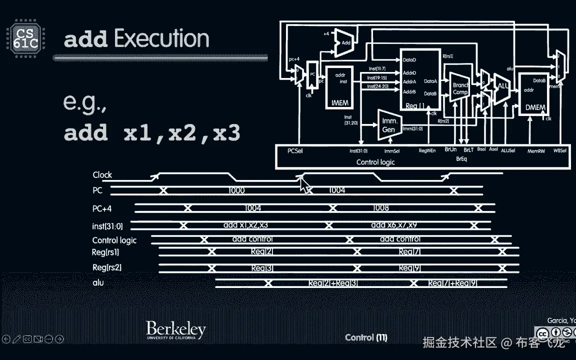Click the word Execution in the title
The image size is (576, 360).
point(161,39)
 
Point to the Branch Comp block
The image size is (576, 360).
point(460,88)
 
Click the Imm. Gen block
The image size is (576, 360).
point(389,125)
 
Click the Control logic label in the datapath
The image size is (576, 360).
point(375,162)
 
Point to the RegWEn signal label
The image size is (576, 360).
point(427,150)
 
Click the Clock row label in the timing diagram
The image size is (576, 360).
point(102,175)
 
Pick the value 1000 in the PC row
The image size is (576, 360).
point(236,190)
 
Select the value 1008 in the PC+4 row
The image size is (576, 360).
point(380,208)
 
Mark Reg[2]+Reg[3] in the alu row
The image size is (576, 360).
point(332,283)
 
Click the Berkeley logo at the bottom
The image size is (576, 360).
point(175,330)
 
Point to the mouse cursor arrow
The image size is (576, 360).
point(304,185)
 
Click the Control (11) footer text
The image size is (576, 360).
point(366,337)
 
